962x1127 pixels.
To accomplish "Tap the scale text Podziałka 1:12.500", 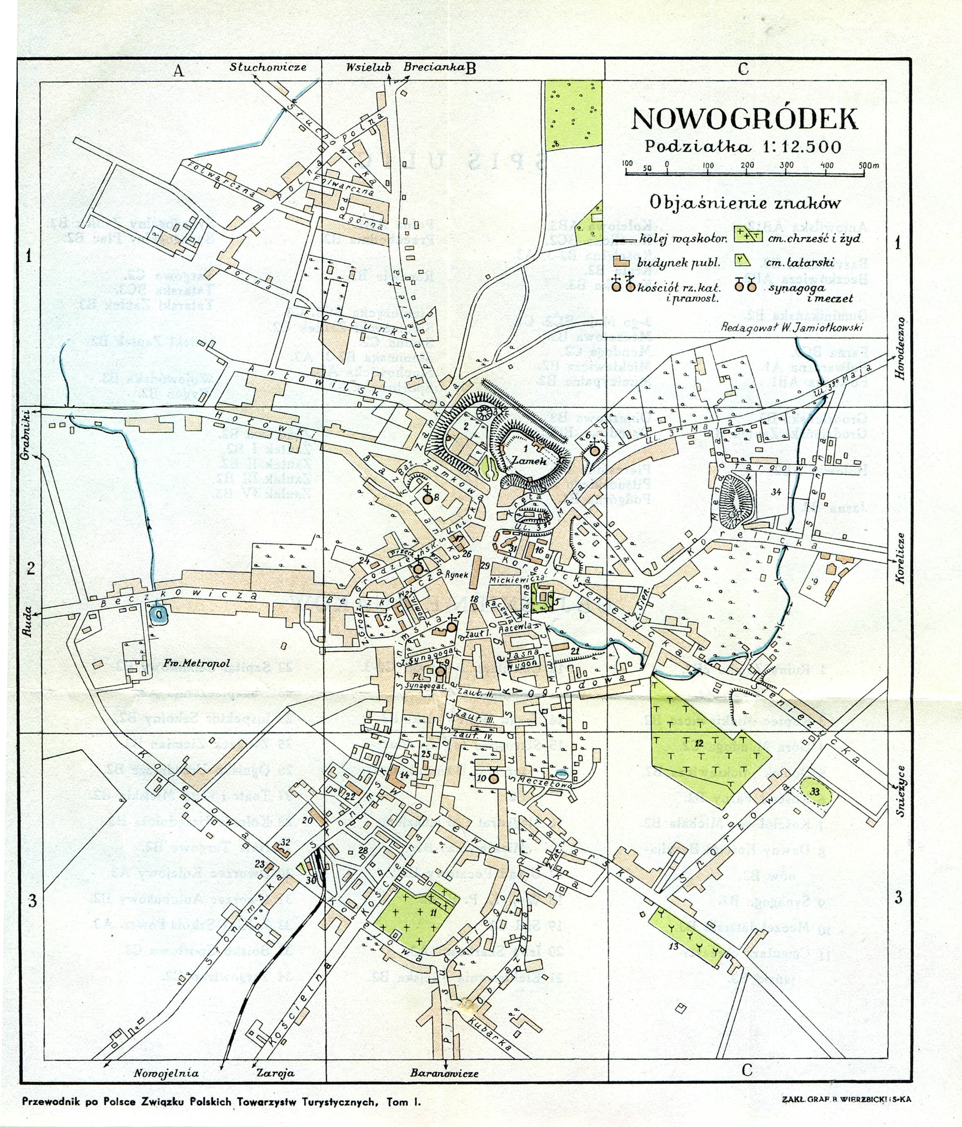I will point(743,147).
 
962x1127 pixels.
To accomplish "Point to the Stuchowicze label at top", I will point(268,68).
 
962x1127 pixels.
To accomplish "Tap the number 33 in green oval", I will point(814,792).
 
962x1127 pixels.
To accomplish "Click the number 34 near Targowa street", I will point(776,492).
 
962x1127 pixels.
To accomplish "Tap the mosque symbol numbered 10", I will point(493,779).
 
